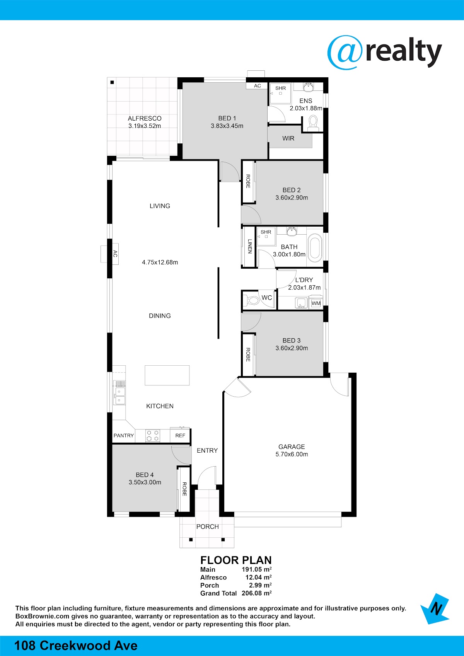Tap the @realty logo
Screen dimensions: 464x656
click(384, 53)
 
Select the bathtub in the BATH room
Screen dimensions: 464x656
click(315, 248)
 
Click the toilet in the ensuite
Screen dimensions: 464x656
click(313, 123)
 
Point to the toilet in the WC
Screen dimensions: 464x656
click(252, 300)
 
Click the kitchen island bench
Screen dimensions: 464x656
click(167, 375)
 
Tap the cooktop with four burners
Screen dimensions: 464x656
click(153, 436)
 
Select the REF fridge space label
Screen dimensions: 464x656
click(180, 436)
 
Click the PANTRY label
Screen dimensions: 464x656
click(124, 436)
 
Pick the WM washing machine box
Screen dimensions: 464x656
click(316, 303)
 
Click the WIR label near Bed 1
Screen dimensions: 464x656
click(288, 138)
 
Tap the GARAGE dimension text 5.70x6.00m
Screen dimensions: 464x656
click(292, 454)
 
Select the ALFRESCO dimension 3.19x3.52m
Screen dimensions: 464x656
click(144, 126)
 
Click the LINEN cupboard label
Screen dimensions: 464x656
click(249, 246)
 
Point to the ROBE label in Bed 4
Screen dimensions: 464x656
click(184, 489)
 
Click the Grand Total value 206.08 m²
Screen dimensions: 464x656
click(257, 593)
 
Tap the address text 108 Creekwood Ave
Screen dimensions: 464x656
click(75, 646)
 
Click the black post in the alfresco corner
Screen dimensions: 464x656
click(112, 82)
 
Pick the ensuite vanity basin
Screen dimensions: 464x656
click(308, 87)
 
